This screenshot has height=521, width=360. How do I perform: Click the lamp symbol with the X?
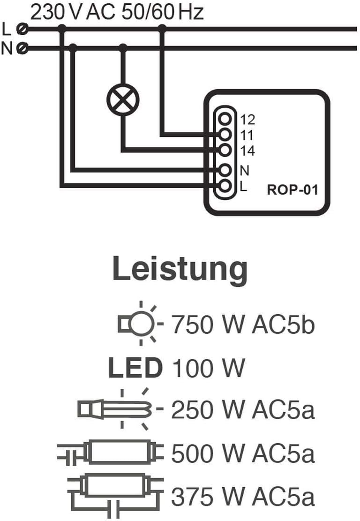pyautogui.click(x=123, y=100)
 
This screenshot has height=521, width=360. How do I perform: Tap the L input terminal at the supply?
pyautogui.click(x=22, y=29)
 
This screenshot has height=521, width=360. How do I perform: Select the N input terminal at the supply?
pyautogui.click(x=22, y=48)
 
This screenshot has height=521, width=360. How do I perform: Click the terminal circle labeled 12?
pyautogui.click(x=225, y=119)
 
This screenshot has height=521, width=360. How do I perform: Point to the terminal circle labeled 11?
pyautogui.click(x=225, y=134)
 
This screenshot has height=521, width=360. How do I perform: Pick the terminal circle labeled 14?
pyautogui.click(x=225, y=150)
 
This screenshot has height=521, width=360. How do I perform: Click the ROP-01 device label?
pyautogui.click(x=292, y=190)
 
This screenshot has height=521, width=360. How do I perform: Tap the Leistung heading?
pyautogui.click(x=180, y=269)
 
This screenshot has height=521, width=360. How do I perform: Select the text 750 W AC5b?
pyautogui.click(x=243, y=325)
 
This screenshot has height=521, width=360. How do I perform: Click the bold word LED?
pyautogui.click(x=135, y=368)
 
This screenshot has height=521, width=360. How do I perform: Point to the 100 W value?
pyautogui.click(x=208, y=368)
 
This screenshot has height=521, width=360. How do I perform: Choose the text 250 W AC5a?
pyautogui.click(x=243, y=410)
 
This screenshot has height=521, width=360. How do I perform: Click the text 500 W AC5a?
pyautogui.click(x=243, y=453)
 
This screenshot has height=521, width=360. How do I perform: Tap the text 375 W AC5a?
pyautogui.click(x=243, y=496)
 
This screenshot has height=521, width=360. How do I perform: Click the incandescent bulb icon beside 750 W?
pyautogui.click(x=141, y=323)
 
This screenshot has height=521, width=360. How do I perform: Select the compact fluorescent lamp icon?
pyautogui.click(x=120, y=409)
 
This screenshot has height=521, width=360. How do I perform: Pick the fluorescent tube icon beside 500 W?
pyautogui.click(x=111, y=452)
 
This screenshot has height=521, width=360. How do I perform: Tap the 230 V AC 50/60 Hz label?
pyautogui.click(x=117, y=12)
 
